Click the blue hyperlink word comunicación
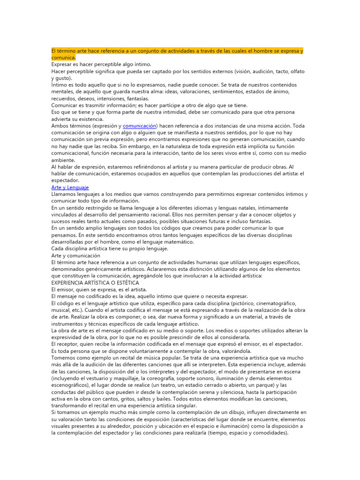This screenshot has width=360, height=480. [x=139, y=126]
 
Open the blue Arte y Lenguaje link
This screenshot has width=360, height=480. [x=70, y=187]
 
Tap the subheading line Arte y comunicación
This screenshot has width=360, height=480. [x=75, y=256]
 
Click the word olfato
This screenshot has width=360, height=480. [x=295, y=71]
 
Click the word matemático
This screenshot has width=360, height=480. [x=177, y=242]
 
